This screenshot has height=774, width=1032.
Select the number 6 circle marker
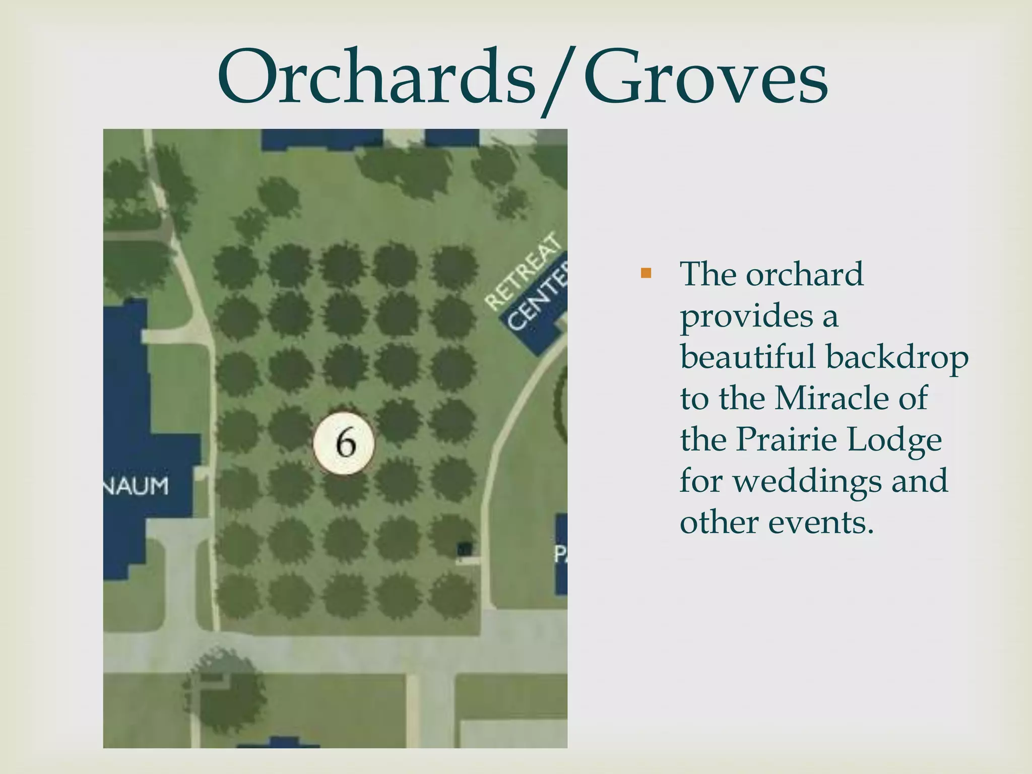pyautogui.click(x=344, y=443)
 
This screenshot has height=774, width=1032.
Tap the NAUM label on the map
pyautogui.click(x=136, y=487)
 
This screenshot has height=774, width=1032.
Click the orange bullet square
pyautogui.click(x=646, y=274)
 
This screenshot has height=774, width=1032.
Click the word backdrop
pyautogui.click(x=897, y=358)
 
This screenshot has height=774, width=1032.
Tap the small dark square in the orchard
pyautogui.click(x=465, y=549)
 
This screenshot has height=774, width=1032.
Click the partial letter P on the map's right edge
pyautogui.click(x=560, y=555)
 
